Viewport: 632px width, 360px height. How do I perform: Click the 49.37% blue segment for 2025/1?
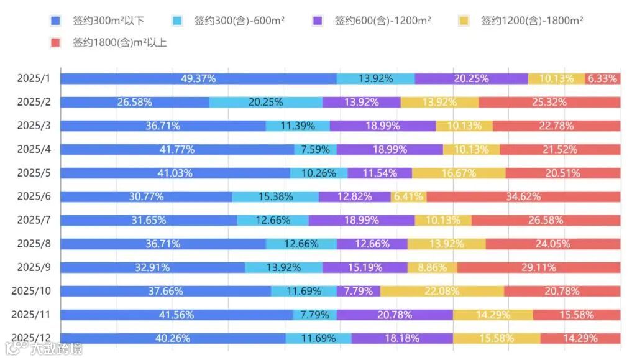(198, 78)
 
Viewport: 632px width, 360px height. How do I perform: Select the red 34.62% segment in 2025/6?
(523, 196)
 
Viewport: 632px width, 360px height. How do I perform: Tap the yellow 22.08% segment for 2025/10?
(442, 291)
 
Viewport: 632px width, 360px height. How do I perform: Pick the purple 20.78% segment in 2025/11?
(395, 315)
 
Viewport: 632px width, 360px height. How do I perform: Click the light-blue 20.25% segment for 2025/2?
(265, 102)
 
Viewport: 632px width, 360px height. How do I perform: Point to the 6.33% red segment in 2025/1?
(602, 78)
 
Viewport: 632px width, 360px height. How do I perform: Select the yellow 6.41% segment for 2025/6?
(408, 196)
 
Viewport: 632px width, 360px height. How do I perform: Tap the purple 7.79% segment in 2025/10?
(359, 291)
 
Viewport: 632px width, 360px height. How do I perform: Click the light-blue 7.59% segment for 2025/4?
(315, 149)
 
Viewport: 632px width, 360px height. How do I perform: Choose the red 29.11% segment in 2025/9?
(539, 267)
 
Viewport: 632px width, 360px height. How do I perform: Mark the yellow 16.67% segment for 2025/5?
(459, 173)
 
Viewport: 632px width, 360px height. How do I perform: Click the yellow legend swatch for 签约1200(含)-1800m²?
(464, 21)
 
